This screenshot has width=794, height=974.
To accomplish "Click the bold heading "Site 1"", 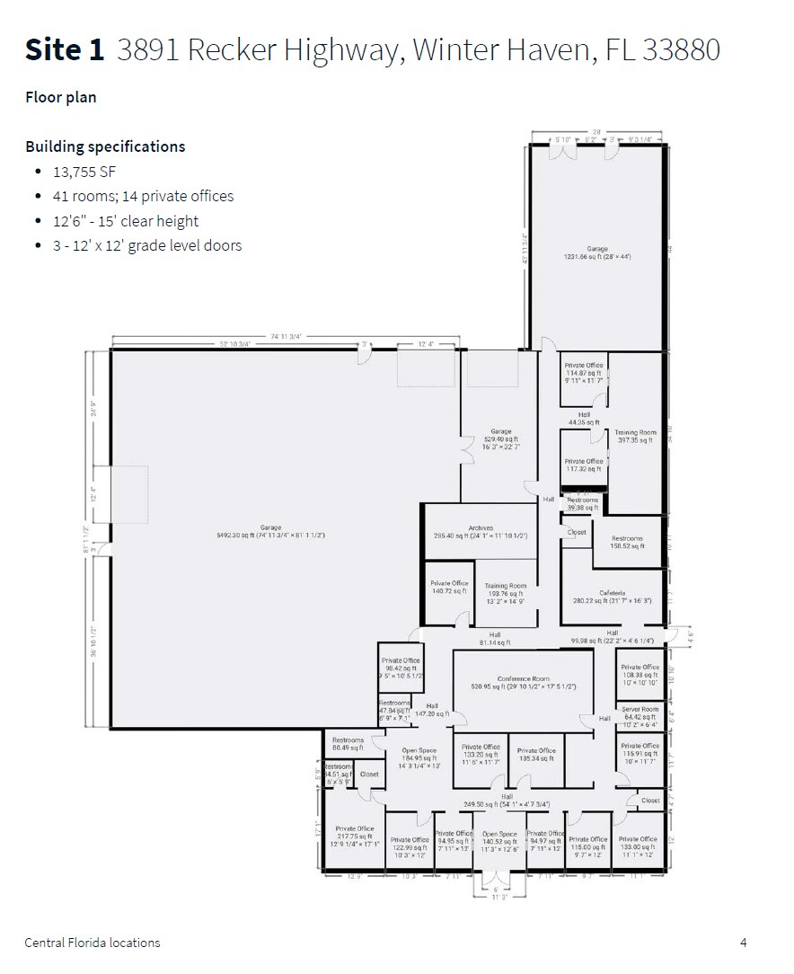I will click(x=65, y=50).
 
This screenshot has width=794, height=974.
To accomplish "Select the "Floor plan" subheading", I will click(x=60, y=97).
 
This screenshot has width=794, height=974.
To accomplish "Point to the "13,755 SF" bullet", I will click(x=85, y=171).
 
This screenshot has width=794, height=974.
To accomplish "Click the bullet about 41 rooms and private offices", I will click(x=143, y=196).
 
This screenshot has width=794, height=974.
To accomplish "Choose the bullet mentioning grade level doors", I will click(x=147, y=245).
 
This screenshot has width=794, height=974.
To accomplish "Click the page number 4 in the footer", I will click(x=743, y=943).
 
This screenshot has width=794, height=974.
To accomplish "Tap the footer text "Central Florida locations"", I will click(x=93, y=943).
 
